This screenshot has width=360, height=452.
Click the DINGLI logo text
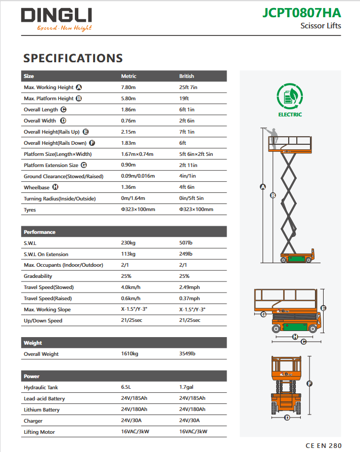tap(56, 15)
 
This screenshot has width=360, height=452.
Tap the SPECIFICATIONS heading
tap(73, 58)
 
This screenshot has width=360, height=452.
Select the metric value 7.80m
tap(128, 88)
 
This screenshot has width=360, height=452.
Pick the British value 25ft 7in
tap(188, 88)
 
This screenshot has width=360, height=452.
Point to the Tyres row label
tap(30, 210)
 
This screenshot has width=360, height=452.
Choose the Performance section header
tap(39, 232)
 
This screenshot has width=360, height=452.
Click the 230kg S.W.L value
tap(128, 243)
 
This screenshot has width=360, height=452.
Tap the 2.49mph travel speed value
tap(190, 287)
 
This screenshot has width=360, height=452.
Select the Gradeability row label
tap(38, 276)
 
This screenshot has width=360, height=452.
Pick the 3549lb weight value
tap(188, 354)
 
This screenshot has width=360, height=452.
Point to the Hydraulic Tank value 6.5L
tap(127, 388)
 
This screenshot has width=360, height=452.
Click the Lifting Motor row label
tap(39, 432)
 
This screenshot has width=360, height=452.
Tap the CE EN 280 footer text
tap(324, 445)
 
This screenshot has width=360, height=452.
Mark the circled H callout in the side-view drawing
tap(295, 336)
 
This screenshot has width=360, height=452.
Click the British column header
tap(187, 76)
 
